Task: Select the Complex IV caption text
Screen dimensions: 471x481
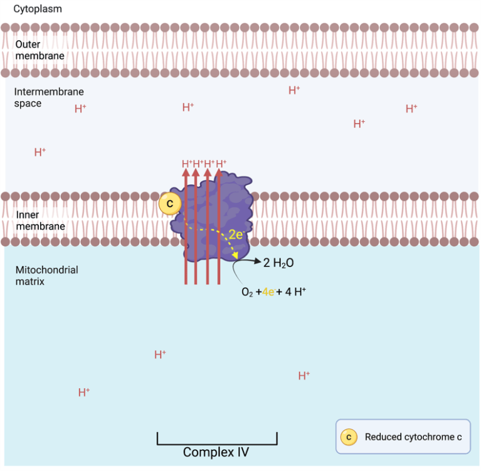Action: pos(216,452)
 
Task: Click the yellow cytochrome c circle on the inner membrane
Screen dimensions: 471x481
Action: pos(169,203)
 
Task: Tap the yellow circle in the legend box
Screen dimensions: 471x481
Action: pos(349,437)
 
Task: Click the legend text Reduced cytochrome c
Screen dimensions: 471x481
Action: pos(413,437)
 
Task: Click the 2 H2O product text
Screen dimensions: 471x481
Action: pos(280,263)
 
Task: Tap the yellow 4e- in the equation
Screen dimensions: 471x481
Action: pos(268,292)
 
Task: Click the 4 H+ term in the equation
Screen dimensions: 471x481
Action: pos(295,292)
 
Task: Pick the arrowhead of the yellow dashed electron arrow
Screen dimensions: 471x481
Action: pos(235,257)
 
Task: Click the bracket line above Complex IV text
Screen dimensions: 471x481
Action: pos(216,443)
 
